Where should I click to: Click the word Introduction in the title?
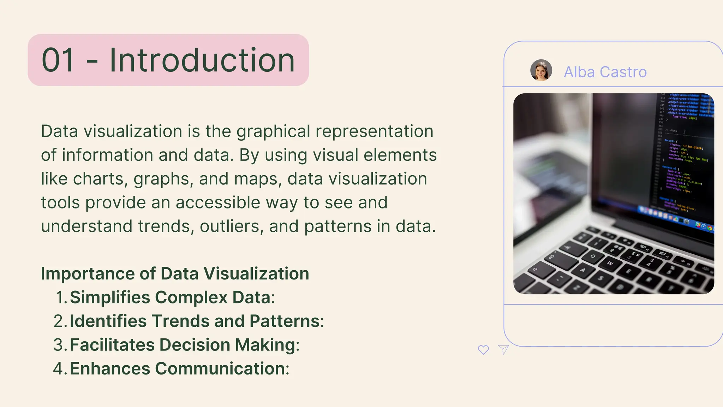point(202,60)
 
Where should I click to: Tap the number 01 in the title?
point(58,60)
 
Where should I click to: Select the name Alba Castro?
point(605,72)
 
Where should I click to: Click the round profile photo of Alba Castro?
point(541,70)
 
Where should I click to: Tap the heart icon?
point(483,350)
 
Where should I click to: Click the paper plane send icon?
point(503,349)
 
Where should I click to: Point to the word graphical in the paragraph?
point(273,132)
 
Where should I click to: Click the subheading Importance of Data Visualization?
point(175,273)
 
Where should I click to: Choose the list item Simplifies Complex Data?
point(172,297)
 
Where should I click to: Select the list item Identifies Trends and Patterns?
point(197,321)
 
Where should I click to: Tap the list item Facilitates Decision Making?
point(184,345)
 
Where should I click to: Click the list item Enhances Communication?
point(179,368)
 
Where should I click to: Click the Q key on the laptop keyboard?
point(593,256)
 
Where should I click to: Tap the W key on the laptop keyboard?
point(610,263)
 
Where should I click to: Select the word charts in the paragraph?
point(98,179)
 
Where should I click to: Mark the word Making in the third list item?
point(267,345)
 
